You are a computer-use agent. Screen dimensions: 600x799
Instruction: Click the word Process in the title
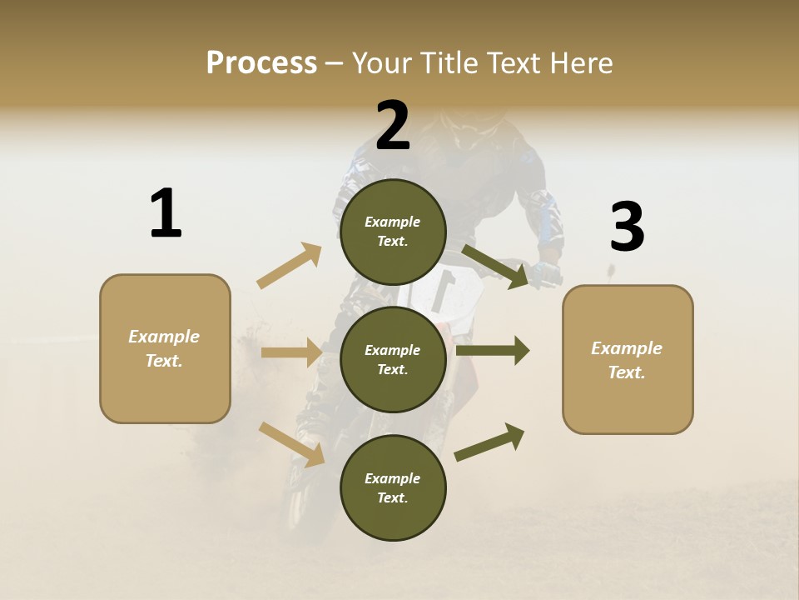click(x=261, y=62)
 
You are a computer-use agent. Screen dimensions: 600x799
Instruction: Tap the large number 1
click(x=166, y=213)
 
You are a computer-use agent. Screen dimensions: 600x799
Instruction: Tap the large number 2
click(x=393, y=126)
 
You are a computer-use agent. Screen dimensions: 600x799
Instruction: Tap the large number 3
click(x=627, y=227)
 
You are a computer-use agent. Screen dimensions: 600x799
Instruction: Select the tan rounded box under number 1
click(x=165, y=348)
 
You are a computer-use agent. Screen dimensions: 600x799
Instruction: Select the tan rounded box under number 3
click(x=628, y=359)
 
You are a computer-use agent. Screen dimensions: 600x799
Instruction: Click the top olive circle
click(x=393, y=232)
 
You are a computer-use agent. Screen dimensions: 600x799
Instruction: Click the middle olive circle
click(x=393, y=359)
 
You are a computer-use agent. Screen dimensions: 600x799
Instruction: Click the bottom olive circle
click(x=393, y=487)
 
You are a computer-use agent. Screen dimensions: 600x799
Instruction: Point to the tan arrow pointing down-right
click(x=292, y=444)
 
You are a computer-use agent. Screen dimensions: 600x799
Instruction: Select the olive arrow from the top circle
click(x=496, y=267)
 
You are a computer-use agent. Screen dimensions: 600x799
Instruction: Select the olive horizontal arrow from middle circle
click(x=493, y=351)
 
